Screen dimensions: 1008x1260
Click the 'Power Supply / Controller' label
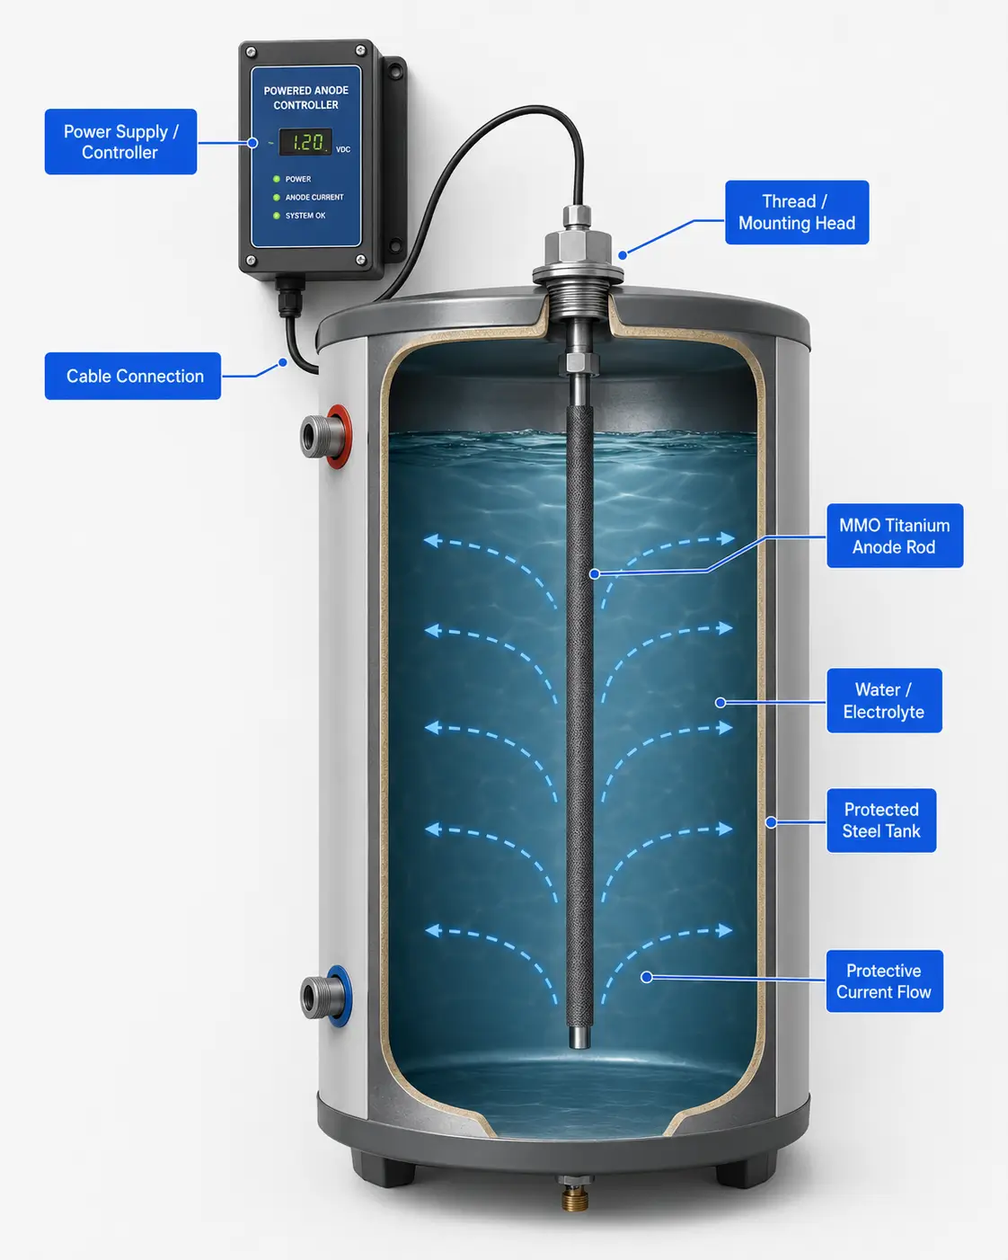[x=120, y=142]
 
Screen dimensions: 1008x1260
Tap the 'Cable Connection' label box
[x=133, y=376]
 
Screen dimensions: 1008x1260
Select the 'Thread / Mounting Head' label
[x=797, y=212]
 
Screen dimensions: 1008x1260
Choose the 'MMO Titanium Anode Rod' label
[x=895, y=536]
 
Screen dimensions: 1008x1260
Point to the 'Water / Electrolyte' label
[x=884, y=700]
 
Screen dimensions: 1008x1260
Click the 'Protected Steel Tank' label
[x=881, y=821]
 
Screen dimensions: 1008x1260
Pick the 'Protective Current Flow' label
[x=884, y=981]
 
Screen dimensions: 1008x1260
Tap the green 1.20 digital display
[x=305, y=142]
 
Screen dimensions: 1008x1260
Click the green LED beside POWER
[x=277, y=179]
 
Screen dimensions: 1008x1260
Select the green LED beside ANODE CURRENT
[x=277, y=198]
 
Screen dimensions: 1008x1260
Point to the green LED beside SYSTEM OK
[x=277, y=216]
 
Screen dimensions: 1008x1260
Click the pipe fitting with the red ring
[x=325, y=436]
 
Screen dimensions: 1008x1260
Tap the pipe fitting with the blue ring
[x=325, y=997]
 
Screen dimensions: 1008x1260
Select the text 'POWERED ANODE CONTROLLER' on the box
[x=306, y=98]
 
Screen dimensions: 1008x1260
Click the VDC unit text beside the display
[x=343, y=149]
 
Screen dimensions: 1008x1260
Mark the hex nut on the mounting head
[x=579, y=250]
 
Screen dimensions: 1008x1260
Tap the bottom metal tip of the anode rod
[x=579, y=1036]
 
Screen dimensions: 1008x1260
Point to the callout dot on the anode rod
[x=594, y=573]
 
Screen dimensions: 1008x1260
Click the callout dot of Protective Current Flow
[x=646, y=977]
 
